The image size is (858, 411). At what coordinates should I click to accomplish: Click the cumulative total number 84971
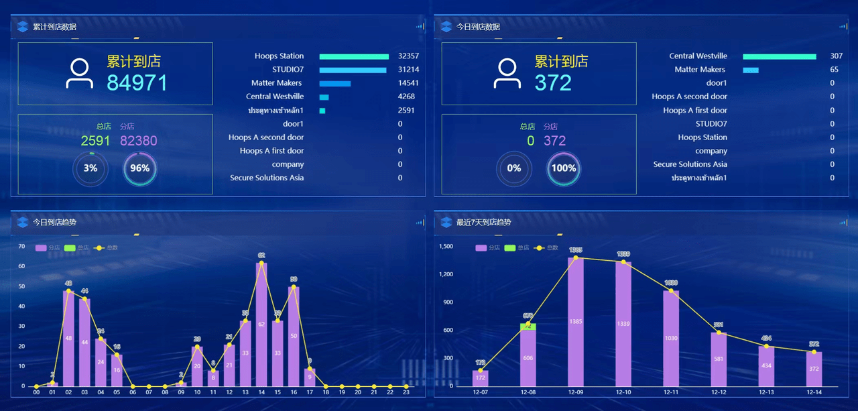point(137,82)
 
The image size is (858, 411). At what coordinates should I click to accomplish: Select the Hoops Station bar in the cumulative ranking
point(354,56)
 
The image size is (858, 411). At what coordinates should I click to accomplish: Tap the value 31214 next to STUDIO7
point(408,70)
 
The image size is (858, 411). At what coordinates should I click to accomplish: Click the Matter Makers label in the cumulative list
point(276,83)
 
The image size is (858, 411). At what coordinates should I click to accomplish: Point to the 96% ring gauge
point(140,168)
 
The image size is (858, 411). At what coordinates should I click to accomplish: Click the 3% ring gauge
point(90,168)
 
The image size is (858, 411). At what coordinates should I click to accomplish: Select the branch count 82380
point(138,141)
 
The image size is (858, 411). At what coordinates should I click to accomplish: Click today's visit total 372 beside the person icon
point(553,82)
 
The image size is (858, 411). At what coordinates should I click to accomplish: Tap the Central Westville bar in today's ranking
point(779,56)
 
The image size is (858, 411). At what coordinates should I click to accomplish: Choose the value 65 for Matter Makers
point(834,70)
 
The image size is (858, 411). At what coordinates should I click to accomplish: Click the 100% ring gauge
point(564,168)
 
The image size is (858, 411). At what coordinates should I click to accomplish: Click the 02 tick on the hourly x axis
point(68,392)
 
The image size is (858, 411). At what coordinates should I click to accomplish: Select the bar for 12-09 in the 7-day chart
point(576,322)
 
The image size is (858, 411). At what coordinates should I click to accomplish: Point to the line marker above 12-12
point(719,333)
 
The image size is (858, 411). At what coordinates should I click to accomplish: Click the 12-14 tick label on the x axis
point(814,392)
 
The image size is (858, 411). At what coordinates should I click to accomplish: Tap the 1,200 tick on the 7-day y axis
point(446,274)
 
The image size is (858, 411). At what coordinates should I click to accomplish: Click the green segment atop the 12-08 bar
point(528,327)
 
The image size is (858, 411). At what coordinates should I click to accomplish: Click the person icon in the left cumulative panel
point(79,74)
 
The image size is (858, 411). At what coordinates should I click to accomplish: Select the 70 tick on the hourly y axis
point(22,247)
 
